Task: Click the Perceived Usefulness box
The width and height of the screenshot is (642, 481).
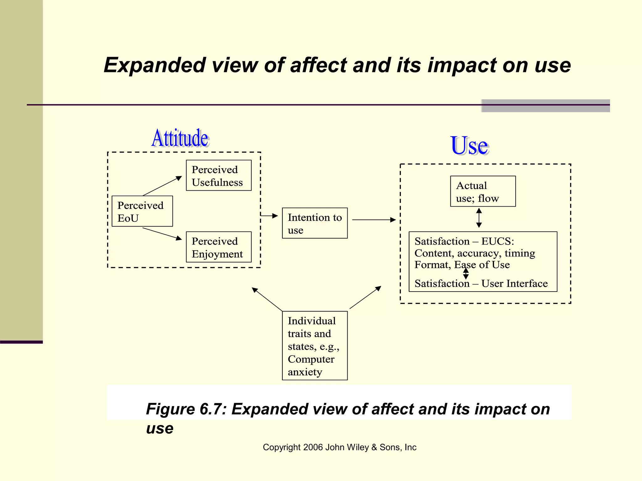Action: coord(218,175)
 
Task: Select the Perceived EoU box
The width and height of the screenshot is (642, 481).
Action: coord(142,211)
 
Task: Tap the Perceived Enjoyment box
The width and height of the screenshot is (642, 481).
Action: coord(218,247)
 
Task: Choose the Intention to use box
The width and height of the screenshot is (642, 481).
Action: coord(315,223)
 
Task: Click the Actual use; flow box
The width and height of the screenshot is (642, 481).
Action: coord(483,191)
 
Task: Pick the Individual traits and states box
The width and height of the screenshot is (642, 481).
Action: coord(315,346)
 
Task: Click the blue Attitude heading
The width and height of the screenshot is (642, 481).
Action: coord(180,138)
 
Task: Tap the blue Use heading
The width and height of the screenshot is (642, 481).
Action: coord(469,146)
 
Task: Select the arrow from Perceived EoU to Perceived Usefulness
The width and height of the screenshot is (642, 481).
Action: coord(162,186)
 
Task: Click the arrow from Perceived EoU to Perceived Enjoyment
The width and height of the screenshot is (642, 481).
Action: coord(162,234)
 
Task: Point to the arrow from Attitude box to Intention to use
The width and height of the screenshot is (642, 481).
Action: coord(269,216)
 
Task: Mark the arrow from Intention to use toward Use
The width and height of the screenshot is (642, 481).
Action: coord(374,220)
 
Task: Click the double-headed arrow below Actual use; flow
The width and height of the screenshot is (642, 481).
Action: coord(479,218)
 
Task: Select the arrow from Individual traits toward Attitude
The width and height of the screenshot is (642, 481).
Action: coord(267,299)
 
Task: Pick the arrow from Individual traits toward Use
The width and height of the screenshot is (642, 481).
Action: coord(366,297)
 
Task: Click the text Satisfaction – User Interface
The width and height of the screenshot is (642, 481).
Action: coord(481,283)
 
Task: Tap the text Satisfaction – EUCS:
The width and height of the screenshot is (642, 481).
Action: coord(464,241)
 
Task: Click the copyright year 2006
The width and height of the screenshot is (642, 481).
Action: coord(313,447)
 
